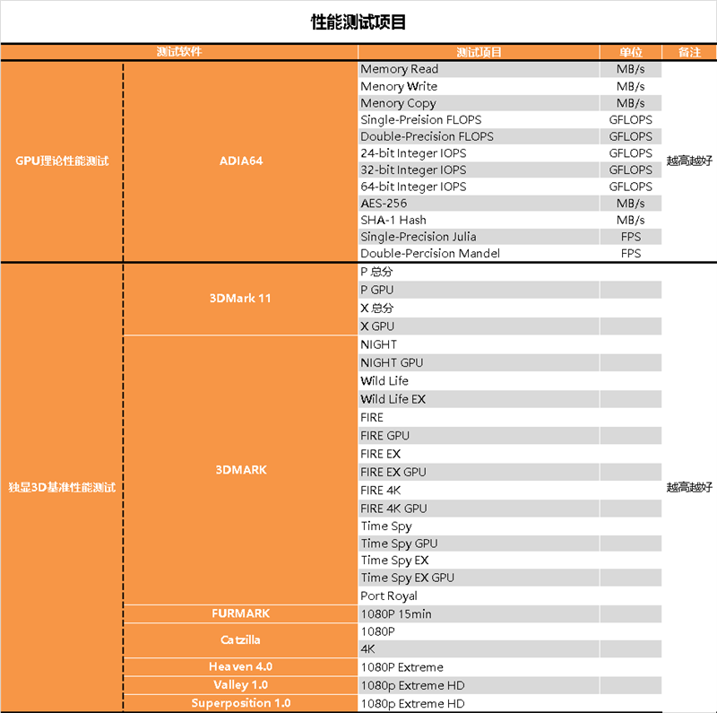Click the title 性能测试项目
(358, 22)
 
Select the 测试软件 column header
(179, 52)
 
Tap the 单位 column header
(631, 52)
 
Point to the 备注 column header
(689, 52)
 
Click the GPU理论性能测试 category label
(63, 161)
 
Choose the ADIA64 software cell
(241, 161)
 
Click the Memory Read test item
(400, 69)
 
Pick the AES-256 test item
(384, 204)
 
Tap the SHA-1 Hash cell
(393, 220)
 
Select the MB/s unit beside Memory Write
(631, 86)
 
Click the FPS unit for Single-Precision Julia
(631, 237)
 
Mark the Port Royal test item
(389, 596)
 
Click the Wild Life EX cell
(393, 399)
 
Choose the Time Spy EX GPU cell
(407, 578)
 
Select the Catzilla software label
(240, 640)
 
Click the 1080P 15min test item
(396, 614)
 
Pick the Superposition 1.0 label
(241, 703)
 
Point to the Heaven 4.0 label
(240, 667)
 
